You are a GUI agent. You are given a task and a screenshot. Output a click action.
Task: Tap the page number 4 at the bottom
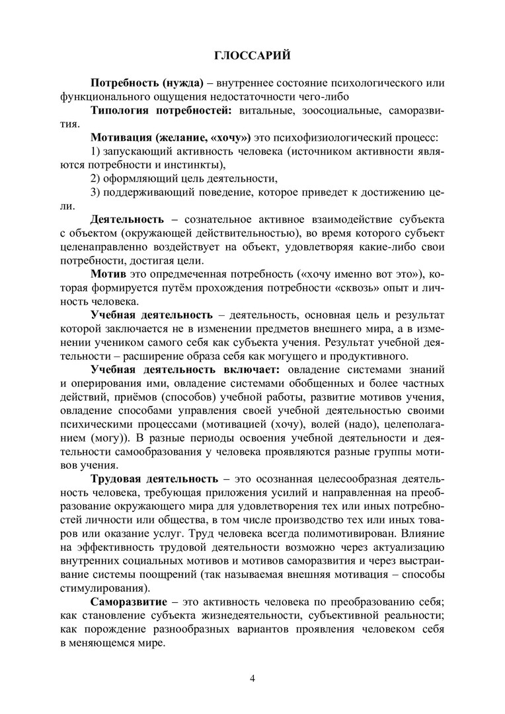pos(252,678)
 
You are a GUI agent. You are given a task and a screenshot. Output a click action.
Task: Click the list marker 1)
pos(96,151)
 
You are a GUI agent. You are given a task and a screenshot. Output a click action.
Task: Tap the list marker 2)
pos(96,178)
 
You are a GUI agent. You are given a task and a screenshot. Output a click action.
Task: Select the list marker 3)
pos(96,192)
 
